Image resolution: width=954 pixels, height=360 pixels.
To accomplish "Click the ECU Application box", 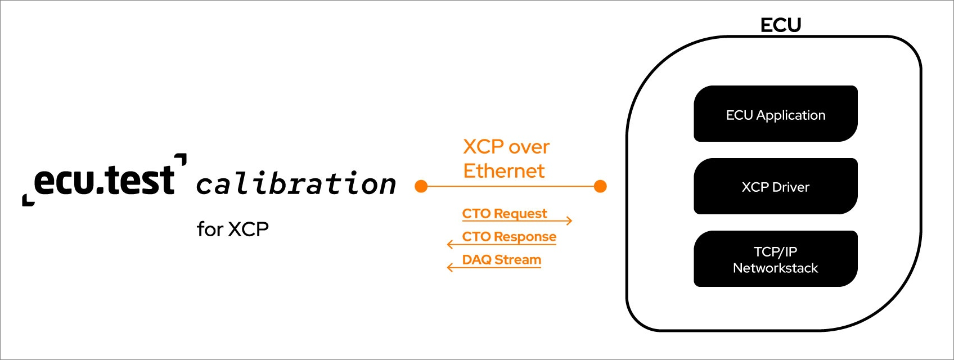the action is coord(776,114).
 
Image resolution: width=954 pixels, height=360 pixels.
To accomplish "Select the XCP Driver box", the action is coord(776,186).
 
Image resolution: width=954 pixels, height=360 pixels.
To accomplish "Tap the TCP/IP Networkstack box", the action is coord(776,259).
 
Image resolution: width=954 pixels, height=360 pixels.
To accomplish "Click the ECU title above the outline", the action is coord(781,25).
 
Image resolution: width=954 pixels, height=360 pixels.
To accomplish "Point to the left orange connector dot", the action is coord(421,186).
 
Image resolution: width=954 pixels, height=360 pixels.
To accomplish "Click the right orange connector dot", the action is coord(600,186).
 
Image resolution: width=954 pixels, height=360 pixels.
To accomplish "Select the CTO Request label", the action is coord(504,213).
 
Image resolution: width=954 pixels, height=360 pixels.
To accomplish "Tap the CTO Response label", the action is coord(509,236).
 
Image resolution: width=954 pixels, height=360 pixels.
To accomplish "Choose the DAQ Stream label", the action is coord(501,259).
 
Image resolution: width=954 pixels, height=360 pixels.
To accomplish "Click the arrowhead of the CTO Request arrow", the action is coord(569,220).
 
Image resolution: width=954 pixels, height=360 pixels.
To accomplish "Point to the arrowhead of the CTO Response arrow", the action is coord(450,244).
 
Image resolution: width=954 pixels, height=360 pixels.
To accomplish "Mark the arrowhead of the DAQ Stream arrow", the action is coord(450,268).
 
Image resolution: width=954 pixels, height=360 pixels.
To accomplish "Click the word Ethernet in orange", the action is coord(504,171).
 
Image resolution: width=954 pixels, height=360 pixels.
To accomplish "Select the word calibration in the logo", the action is coord(296,183).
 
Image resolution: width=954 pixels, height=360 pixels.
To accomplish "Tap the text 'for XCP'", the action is coord(232,229).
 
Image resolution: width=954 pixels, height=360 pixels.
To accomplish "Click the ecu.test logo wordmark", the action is coord(105,180).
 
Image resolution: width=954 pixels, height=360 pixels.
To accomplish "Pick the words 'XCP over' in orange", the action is coord(506,147).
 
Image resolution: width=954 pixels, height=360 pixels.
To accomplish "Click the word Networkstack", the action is coord(776,268).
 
